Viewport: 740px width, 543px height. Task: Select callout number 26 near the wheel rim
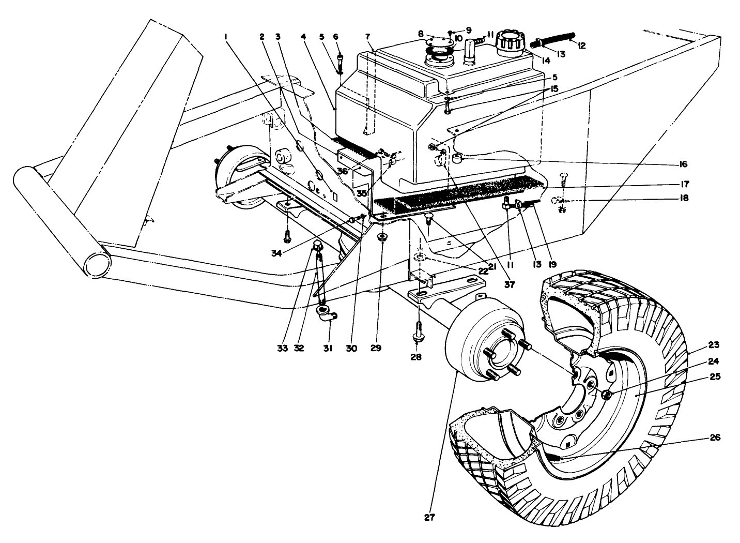714,438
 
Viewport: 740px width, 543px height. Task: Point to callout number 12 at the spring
581,46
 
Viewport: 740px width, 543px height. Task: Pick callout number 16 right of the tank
684,164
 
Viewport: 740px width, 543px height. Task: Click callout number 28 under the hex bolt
416,357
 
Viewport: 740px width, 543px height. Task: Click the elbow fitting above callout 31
324,312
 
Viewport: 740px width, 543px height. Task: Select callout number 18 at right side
684,198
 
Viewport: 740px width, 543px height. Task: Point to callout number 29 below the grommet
376,348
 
